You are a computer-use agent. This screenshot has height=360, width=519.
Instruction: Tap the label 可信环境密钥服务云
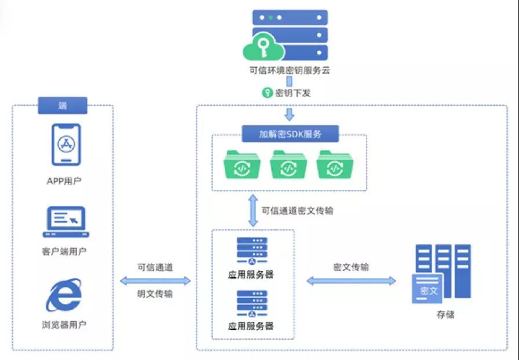point(289,72)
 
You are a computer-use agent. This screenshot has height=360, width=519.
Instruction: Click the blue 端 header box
point(63,105)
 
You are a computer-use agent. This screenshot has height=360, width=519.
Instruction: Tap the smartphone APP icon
point(65,144)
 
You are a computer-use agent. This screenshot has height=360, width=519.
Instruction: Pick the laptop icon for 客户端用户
point(65,222)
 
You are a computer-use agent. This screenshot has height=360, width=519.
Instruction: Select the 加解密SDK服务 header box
point(290,134)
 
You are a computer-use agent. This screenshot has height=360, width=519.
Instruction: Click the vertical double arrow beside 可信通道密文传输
point(253,211)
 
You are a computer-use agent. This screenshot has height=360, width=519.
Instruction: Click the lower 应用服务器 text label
point(251,326)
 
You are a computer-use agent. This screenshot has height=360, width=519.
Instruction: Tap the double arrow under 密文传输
point(351,281)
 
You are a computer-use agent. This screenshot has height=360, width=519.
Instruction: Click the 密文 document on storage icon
point(427,288)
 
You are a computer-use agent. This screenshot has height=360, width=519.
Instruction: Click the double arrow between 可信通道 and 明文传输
point(155,281)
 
